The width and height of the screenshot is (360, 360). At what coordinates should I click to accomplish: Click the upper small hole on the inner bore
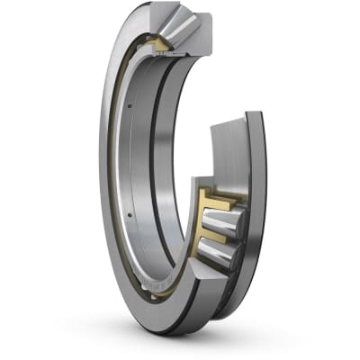(x=130, y=108)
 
